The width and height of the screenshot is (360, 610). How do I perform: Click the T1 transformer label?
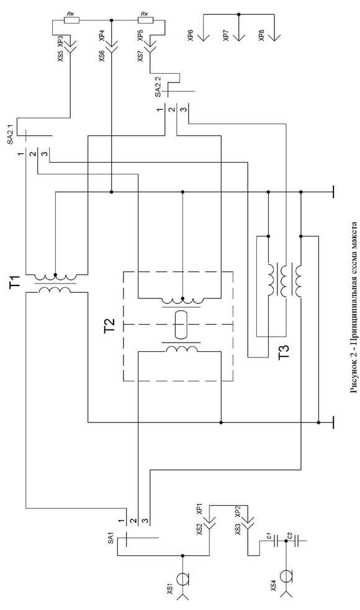(15, 281)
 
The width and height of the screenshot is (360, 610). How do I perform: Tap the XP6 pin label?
(190, 37)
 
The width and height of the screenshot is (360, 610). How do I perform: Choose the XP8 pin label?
(261, 37)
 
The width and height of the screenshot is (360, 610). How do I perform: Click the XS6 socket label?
(102, 56)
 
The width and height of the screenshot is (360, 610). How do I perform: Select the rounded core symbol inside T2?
(181, 324)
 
